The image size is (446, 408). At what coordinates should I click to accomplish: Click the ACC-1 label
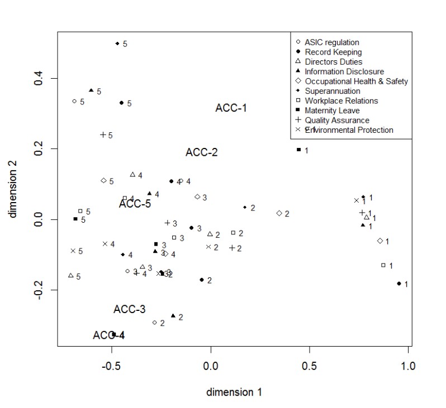[231, 108]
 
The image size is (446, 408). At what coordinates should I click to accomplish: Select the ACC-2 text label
[202, 152]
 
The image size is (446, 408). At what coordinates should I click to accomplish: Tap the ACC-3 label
[130, 309]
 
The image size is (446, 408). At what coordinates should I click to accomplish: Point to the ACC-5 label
[135, 204]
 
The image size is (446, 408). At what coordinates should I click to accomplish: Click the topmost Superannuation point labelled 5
[117, 43]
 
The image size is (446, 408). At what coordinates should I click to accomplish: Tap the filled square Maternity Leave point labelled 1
[299, 150]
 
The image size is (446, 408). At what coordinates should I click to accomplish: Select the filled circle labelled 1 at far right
[398, 284]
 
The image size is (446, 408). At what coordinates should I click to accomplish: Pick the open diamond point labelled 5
[103, 181]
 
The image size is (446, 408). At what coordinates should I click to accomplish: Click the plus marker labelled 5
[103, 135]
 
